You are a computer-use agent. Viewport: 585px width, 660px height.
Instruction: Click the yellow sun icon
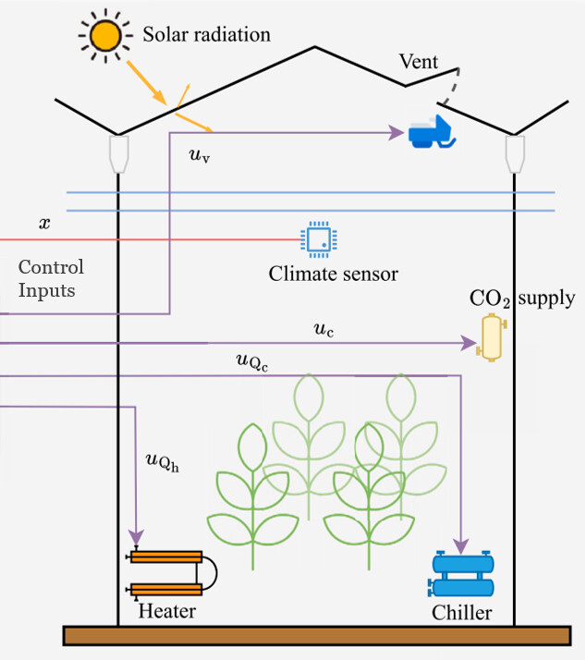[x=105, y=36]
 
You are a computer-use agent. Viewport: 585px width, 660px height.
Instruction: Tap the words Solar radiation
[x=207, y=34]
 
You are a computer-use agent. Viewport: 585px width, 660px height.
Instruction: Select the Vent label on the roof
[x=419, y=62]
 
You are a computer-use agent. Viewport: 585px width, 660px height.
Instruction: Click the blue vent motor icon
[x=433, y=132]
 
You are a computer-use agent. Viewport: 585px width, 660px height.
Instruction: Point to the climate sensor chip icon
[x=319, y=239]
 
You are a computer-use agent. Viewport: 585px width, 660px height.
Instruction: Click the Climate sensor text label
[x=334, y=274]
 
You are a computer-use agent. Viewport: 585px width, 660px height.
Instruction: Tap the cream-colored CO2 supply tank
[x=492, y=337]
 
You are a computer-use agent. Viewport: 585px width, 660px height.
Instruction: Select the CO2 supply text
[x=522, y=299]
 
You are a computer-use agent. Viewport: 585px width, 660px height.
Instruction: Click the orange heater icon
[x=171, y=573]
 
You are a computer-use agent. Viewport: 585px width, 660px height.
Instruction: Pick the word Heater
[x=167, y=611]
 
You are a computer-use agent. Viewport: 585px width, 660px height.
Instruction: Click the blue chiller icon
[x=461, y=574]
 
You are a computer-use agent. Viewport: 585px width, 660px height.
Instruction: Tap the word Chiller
[x=462, y=613]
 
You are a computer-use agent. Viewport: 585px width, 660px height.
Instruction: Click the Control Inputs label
[x=51, y=278]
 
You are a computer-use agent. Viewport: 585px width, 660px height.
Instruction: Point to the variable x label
[x=44, y=223]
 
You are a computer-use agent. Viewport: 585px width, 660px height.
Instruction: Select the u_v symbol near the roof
[x=200, y=155]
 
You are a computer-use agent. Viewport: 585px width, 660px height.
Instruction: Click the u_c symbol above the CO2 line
[x=323, y=330]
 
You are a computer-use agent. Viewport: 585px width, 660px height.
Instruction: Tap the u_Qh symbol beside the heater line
[x=163, y=461]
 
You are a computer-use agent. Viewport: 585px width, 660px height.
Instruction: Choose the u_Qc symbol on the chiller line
[x=252, y=362]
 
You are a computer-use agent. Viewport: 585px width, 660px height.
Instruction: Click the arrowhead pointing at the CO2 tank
[x=469, y=343]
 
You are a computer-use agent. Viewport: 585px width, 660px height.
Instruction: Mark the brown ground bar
[x=317, y=636]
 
